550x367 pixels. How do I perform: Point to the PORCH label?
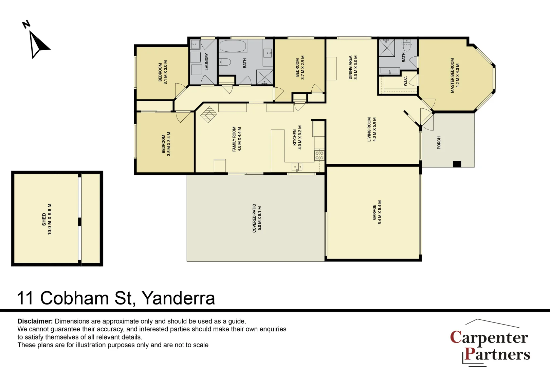(x=439, y=143)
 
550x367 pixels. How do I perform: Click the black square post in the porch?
(x=457, y=164)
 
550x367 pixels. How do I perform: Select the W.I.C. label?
(x=405, y=81)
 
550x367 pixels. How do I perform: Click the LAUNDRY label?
(x=206, y=62)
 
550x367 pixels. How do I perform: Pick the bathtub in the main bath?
(x=233, y=46)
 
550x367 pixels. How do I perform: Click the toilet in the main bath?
(x=225, y=62)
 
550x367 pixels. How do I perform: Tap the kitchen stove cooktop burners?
(x=319, y=156)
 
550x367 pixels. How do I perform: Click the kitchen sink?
(x=297, y=167)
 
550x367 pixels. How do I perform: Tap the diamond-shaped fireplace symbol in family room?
(x=208, y=115)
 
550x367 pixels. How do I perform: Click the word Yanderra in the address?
(x=178, y=298)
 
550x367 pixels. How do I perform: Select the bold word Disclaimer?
(x=35, y=321)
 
